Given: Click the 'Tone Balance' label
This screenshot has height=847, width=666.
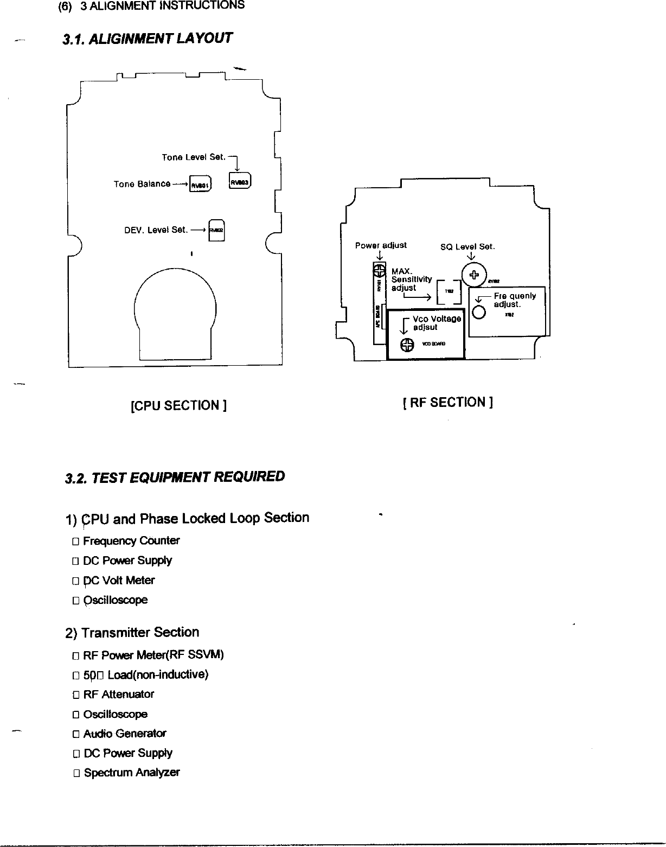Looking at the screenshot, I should [142, 184].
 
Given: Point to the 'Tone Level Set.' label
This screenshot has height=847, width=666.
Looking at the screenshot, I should [193, 157].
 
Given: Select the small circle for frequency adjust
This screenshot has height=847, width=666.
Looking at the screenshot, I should [479, 313].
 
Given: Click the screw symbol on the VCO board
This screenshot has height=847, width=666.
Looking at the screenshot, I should [406, 345].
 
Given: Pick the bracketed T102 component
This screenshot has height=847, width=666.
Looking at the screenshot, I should [449, 291].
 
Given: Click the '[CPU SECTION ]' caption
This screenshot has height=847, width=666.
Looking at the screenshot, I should [178, 405].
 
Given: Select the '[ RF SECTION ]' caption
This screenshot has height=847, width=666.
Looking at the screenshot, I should [447, 402].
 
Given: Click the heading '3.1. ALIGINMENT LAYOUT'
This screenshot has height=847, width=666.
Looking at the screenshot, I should [148, 39].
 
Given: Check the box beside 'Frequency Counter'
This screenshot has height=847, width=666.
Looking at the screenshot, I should [76, 542].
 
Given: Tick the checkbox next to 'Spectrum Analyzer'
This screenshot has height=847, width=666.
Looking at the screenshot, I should [76, 773].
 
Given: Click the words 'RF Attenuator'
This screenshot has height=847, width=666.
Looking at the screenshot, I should [119, 694].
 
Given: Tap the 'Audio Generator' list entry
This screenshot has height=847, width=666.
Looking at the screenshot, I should [125, 734].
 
